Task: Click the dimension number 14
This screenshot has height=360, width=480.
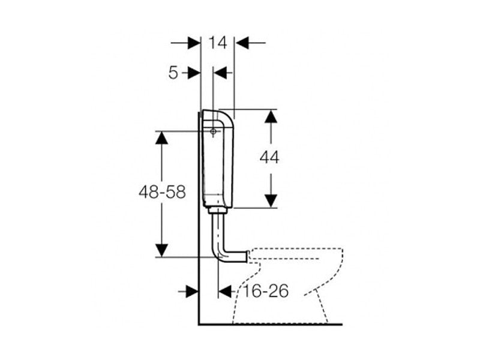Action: point(218,43)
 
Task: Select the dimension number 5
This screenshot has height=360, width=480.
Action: point(173,73)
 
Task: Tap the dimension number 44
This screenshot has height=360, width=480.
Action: point(269,158)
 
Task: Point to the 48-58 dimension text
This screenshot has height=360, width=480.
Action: point(162,192)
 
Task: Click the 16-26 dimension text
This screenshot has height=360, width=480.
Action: point(265,291)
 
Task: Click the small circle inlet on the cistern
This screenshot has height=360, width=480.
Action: point(214,131)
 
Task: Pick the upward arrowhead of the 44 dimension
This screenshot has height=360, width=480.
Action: point(271,116)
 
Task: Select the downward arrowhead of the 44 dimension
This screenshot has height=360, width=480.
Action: point(271,201)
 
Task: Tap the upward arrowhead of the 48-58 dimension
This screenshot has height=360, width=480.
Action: point(161,138)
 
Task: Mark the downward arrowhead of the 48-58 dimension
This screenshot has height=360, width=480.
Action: point(161,250)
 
